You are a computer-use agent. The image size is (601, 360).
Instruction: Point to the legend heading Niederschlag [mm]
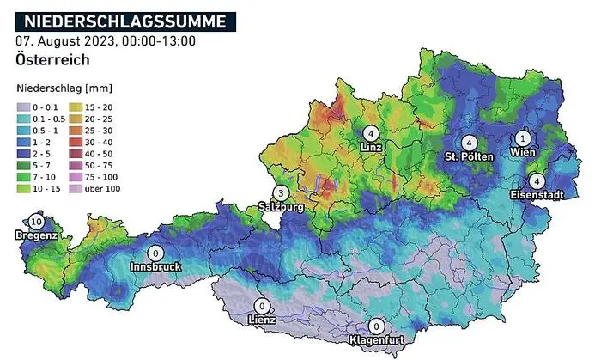64,88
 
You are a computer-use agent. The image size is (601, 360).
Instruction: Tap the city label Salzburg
280,207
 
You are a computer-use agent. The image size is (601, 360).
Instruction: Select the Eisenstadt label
537,195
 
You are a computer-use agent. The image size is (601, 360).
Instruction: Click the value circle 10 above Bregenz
36,222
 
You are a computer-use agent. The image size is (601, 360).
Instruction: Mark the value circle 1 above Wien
524,137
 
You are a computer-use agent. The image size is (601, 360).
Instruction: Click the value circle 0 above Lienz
262,305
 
